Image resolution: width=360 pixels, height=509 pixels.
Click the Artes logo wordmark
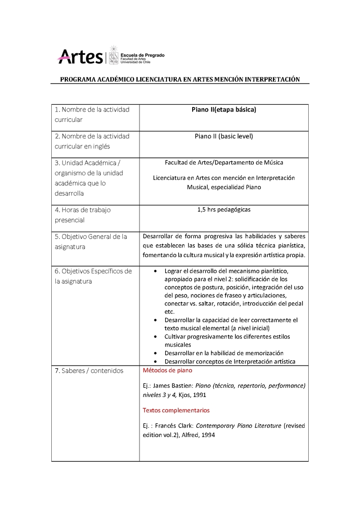pos(80,57)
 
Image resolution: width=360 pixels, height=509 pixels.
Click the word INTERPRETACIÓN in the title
pos(272,79)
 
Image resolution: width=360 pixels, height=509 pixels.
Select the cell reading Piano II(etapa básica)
pos(224,110)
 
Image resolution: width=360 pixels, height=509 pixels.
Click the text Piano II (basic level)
pos(224,136)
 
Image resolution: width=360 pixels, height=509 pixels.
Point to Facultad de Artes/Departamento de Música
pos(224,162)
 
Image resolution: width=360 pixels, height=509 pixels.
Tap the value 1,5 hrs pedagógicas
pos(224,210)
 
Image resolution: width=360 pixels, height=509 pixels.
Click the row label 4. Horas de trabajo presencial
pos(82,215)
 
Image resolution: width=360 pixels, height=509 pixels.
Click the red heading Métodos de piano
pos(167,371)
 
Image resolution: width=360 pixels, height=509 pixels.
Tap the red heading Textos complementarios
pos(176,411)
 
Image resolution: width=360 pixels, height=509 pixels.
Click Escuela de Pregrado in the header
pos(143,55)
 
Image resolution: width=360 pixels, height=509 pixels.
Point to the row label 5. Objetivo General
pos(91,237)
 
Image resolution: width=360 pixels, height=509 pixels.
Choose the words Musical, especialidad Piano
pos(224,187)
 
